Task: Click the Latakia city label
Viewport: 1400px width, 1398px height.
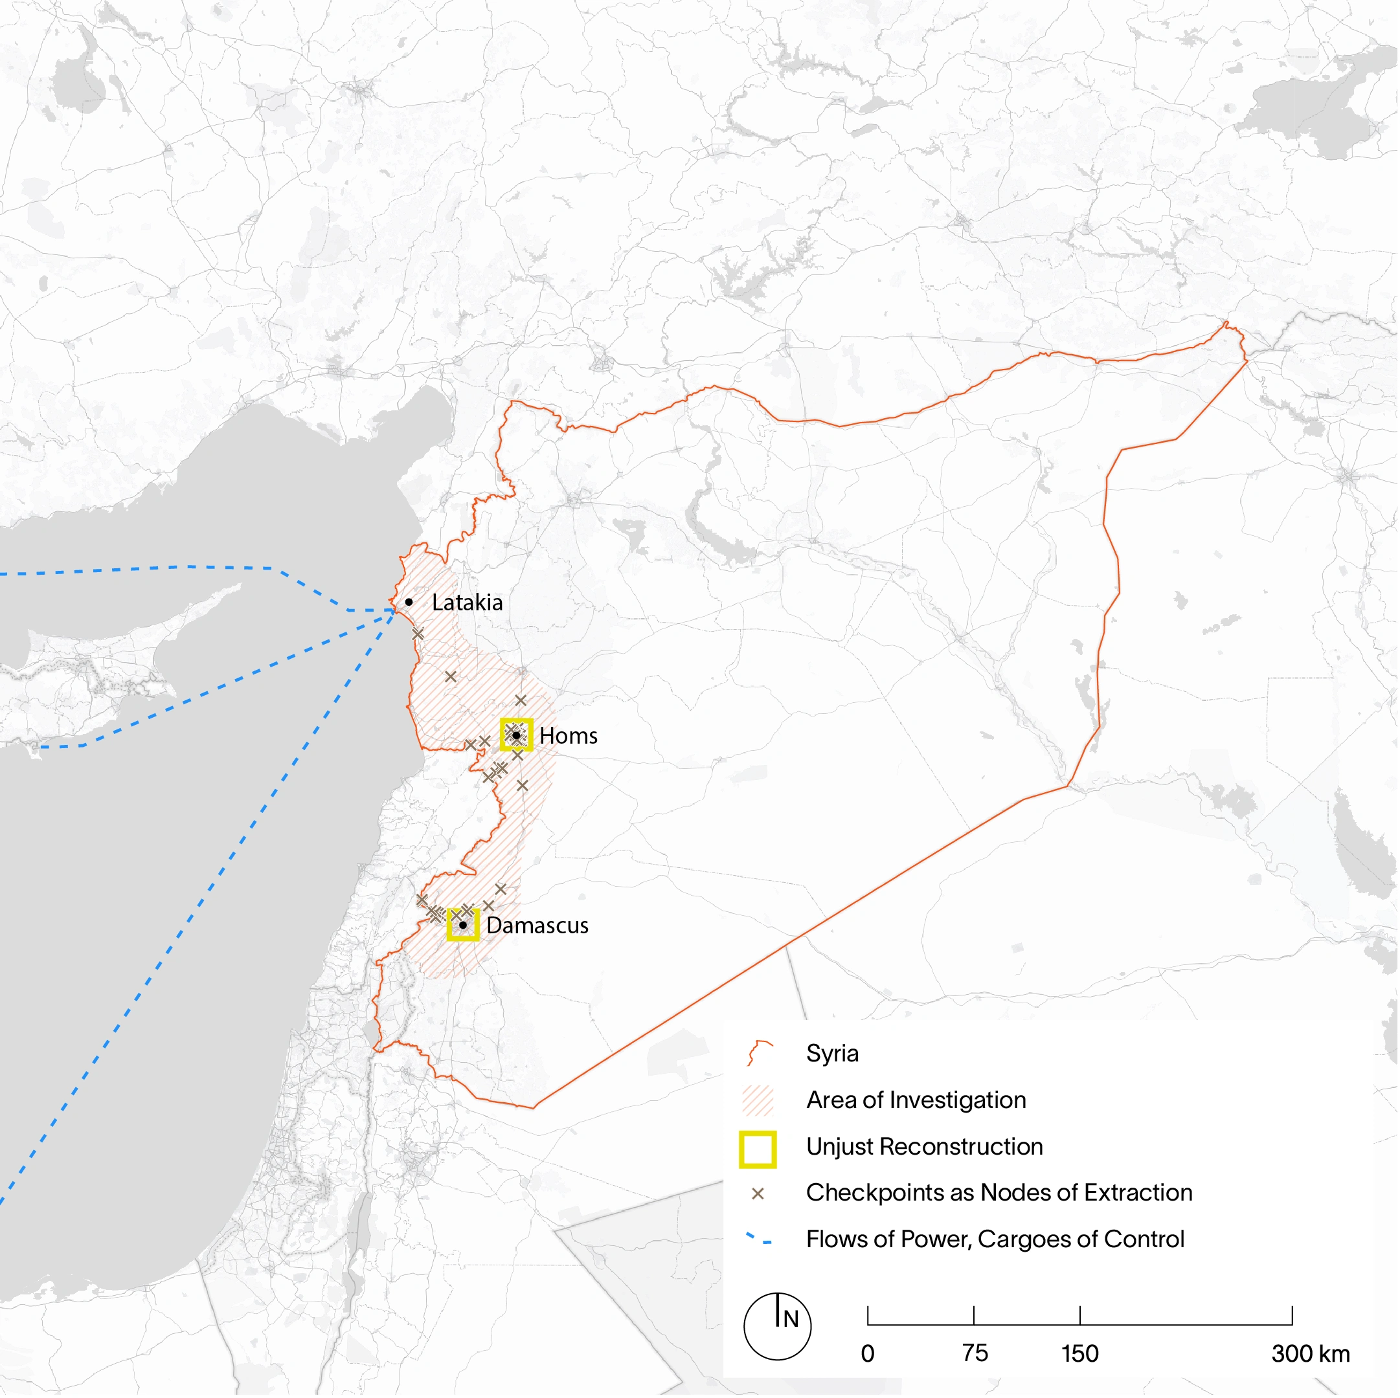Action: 467,603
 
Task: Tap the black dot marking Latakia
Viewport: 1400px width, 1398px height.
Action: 409,602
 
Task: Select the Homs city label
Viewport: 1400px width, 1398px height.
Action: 569,736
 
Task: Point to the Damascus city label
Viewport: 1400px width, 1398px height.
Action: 537,926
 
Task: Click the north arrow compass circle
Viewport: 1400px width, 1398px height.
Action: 778,1327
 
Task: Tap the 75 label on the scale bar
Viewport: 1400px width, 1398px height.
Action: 975,1353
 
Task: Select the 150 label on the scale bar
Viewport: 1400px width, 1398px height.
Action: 1079,1354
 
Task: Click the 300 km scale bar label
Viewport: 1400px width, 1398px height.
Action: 1310,1354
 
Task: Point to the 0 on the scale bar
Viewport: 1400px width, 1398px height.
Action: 868,1354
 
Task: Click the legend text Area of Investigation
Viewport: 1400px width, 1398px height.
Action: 916,1100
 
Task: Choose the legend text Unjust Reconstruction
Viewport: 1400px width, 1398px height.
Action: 925,1147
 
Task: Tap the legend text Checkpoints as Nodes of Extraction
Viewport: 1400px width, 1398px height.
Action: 999,1193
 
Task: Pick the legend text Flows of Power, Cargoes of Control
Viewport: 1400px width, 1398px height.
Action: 995,1239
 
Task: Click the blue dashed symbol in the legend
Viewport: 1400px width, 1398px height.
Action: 759,1239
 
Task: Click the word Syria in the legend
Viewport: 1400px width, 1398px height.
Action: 832,1053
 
